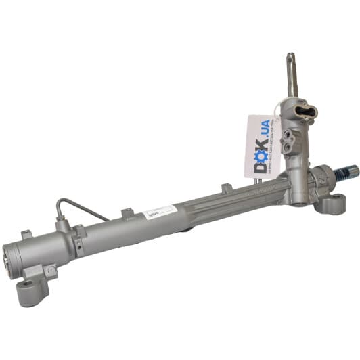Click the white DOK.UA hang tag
click(x=262, y=145)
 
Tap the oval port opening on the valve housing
click(x=306, y=111)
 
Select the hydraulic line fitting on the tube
click(x=62, y=224)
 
